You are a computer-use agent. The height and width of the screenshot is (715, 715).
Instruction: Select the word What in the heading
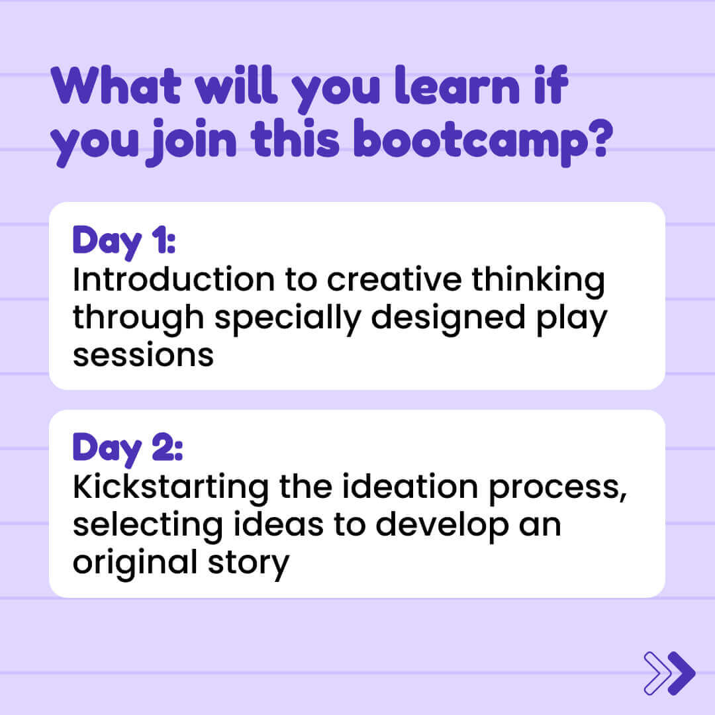point(117,85)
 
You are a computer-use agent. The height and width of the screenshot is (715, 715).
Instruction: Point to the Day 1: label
point(124,242)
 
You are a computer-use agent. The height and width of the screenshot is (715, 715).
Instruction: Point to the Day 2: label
point(128,449)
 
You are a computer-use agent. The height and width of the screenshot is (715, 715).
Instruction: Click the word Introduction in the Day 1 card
point(173,279)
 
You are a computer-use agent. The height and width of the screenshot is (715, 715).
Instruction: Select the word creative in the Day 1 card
point(395,279)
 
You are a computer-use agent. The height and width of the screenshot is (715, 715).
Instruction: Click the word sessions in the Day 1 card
point(143,356)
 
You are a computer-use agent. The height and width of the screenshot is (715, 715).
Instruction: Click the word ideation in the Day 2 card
point(410,487)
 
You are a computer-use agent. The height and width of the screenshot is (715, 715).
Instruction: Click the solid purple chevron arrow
point(681,673)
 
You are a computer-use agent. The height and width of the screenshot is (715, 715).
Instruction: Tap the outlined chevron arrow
point(657,673)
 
